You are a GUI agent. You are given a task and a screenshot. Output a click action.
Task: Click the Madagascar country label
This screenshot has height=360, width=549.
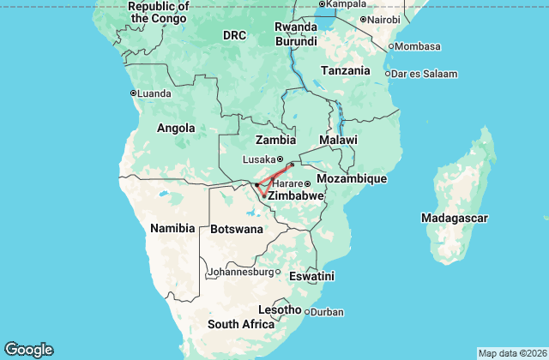[455, 219]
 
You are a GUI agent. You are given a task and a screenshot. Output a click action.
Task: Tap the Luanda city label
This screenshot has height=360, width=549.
[154, 93]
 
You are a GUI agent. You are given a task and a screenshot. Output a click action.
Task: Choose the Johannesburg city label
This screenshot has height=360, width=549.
[242, 273]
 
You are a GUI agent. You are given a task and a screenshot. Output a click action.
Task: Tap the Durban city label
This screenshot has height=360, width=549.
[327, 312]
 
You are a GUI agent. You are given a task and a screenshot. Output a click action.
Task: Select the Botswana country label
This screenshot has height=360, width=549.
[237, 229]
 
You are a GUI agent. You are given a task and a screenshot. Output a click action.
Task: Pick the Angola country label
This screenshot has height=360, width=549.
[175, 129]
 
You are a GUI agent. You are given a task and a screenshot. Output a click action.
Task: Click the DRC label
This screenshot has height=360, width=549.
[235, 35]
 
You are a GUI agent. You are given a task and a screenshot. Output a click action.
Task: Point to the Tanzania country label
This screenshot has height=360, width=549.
[346, 70]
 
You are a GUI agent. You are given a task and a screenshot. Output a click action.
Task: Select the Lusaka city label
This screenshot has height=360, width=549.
[259, 159]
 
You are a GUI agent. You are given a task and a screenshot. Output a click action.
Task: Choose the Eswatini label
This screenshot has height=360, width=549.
[311, 276]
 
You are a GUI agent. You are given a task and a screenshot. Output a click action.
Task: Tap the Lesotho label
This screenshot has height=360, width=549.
[280, 309]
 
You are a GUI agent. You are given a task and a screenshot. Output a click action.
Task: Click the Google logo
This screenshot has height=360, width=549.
[28, 349]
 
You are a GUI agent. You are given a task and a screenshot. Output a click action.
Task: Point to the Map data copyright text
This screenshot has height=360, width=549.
[511, 353]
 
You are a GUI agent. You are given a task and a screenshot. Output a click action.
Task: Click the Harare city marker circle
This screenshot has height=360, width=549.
[307, 184]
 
